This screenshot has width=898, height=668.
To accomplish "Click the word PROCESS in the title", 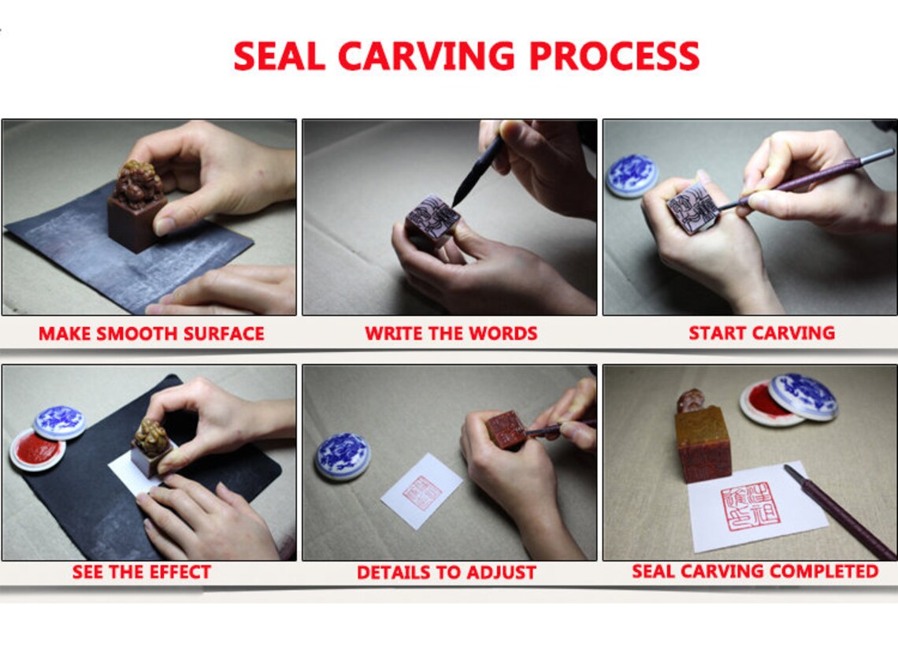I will pyautogui.click(x=613, y=56).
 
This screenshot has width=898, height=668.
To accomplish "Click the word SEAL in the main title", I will pyautogui.click(x=280, y=56).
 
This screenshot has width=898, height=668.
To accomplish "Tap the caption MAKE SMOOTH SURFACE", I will pyautogui.click(x=151, y=333).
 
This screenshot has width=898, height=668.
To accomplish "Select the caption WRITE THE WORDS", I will pyautogui.click(x=451, y=333).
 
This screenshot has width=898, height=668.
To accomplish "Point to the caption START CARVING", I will pyautogui.click(x=762, y=332).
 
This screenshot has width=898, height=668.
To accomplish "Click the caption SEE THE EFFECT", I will pyautogui.click(x=142, y=572).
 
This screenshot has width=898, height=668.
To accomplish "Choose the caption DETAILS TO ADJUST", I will pyautogui.click(x=447, y=573).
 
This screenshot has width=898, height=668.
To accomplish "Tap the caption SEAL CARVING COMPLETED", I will pyautogui.click(x=755, y=571).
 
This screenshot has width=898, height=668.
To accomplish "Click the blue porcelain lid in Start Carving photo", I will pyautogui.click(x=631, y=175).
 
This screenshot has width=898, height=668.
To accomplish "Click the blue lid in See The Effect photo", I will pyautogui.click(x=60, y=422).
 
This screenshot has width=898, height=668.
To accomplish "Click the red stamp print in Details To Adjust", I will pyautogui.click(x=423, y=493).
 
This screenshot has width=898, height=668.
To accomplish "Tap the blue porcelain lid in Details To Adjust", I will pyautogui.click(x=342, y=456).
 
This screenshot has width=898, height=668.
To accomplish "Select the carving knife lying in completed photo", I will pyautogui.click(x=838, y=512).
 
